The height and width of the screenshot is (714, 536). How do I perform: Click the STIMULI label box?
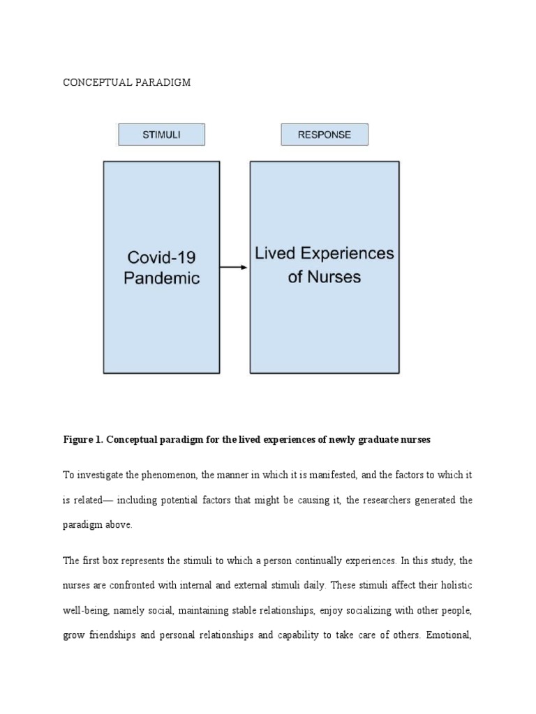(161, 135)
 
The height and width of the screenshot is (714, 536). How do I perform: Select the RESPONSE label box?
(324, 135)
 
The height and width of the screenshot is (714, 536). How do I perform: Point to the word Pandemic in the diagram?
(161, 278)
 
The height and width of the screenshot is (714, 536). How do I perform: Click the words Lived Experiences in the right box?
(324, 253)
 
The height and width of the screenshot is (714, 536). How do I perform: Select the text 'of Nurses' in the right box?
(324, 277)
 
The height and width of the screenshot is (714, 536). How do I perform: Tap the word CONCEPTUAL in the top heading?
(93, 82)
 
